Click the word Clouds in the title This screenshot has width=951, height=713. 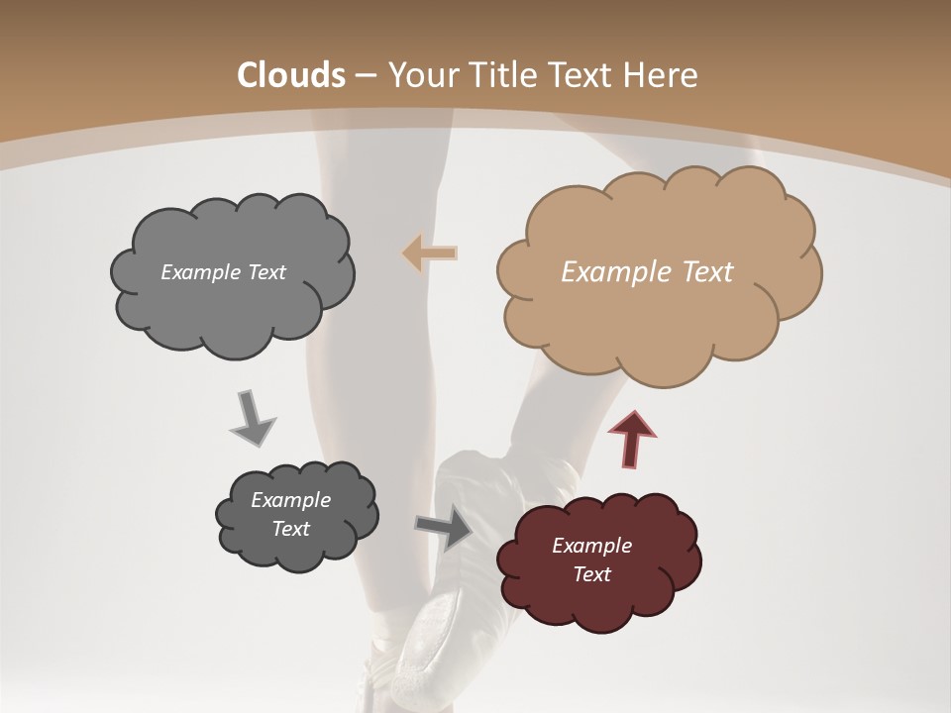point(290,75)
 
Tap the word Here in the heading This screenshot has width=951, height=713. point(664,75)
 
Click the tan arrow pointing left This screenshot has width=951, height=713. point(430,254)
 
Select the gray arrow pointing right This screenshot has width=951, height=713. point(443,530)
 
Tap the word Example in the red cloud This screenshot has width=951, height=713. point(591,546)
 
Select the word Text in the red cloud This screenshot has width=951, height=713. point(591,574)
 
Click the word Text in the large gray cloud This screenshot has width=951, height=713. point(266,272)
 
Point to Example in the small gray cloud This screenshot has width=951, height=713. point(290,500)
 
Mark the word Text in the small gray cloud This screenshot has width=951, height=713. point(290,529)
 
